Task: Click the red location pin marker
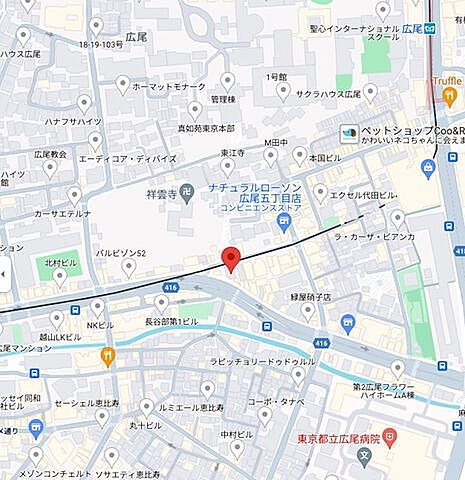tap(231, 258)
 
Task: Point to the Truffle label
tap(446, 82)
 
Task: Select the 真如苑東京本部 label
tap(205, 129)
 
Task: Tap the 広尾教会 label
tap(49, 154)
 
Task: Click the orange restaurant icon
tap(107, 354)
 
